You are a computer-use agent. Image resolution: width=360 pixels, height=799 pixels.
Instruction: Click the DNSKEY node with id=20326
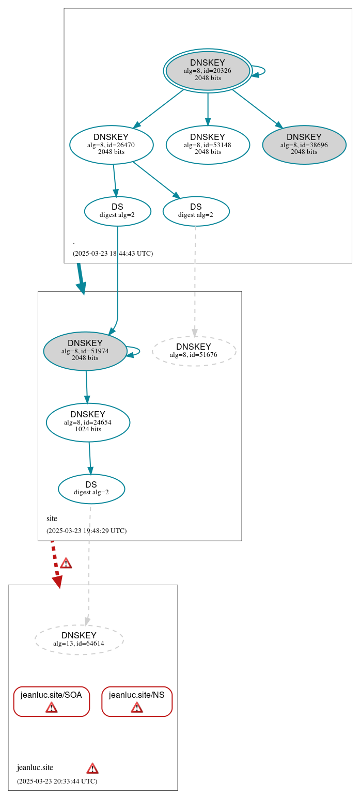coord(208,71)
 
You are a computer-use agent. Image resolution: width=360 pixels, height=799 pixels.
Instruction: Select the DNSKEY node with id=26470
coord(111,145)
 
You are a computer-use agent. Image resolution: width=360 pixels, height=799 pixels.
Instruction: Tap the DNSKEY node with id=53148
coord(208,145)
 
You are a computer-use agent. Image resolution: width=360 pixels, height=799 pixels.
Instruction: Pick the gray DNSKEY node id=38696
coord(304,145)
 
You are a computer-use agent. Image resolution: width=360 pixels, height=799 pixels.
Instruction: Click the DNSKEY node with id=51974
coord(85,351)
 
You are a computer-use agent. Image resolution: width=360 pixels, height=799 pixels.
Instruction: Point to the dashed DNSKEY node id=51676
coord(194,351)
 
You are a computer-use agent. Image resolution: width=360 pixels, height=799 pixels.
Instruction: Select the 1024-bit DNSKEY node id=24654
coord(88,422)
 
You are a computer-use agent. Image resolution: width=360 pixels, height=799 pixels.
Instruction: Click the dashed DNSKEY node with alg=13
coord(79,639)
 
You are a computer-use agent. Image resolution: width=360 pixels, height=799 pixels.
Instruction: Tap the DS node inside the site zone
coord(91,489)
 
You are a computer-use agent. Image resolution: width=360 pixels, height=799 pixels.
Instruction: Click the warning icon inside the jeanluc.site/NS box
coord(137,707)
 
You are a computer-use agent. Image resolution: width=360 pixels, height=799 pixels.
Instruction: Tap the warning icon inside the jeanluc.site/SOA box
coord(51,707)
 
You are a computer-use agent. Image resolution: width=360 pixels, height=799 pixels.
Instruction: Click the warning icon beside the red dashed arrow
coord(66,563)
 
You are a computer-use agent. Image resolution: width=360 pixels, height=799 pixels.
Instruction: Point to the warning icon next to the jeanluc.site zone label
coord(92,768)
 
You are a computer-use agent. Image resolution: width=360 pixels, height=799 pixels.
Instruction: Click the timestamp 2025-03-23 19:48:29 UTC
coord(86,530)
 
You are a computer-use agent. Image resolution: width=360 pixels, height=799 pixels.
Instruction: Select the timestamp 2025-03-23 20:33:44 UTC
coord(57,781)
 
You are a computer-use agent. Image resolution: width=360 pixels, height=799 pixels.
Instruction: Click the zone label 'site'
coord(52,519)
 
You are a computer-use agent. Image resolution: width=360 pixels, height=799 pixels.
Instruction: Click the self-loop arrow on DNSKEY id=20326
coord(261,71)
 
